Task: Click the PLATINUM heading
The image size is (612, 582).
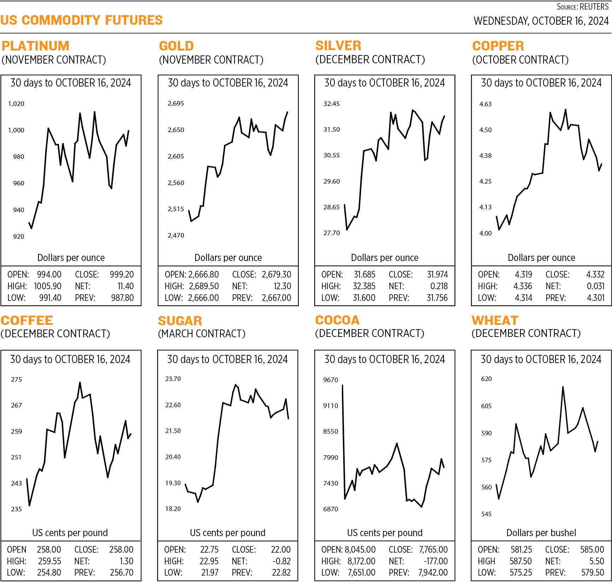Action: pyautogui.click(x=35, y=46)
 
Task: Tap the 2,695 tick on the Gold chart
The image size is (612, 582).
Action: pyautogui.click(x=176, y=103)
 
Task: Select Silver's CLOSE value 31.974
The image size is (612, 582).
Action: pyautogui.click(x=437, y=274)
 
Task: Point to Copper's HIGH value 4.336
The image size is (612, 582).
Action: pyautogui.click(x=523, y=286)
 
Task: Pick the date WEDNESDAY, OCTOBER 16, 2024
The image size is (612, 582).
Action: pyautogui.click(x=541, y=21)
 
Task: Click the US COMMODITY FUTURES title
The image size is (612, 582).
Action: pyautogui.click(x=82, y=20)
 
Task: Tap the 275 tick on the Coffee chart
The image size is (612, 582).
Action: pyautogui.click(x=16, y=380)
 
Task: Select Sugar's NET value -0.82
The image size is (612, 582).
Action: pyautogui.click(x=281, y=561)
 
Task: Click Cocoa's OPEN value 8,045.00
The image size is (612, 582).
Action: pyautogui.click(x=360, y=550)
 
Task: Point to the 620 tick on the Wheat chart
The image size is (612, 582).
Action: pyautogui.click(x=486, y=379)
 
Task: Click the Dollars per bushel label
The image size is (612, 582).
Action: pyautogui.click(x=541, y=533)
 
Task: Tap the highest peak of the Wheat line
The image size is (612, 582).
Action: pyautogui.click(x=563, y=387)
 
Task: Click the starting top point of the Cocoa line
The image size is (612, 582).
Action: pyautogui.click(x=343, y=386)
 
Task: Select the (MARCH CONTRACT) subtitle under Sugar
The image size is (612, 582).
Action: pyautogui.click(x=201, y=334)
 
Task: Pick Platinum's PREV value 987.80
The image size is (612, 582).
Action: pyautogui.click(x=122, y=298)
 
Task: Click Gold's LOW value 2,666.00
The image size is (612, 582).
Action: pyautogui.click(x=203, y=298)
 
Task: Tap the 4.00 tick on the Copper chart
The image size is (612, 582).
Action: pyautogui.click(x=485, y=233)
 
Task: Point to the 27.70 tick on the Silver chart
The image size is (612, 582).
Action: pyautogui.click(x=331, y=233)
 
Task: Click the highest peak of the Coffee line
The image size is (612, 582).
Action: pyautogui.click(x=80, y=382)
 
